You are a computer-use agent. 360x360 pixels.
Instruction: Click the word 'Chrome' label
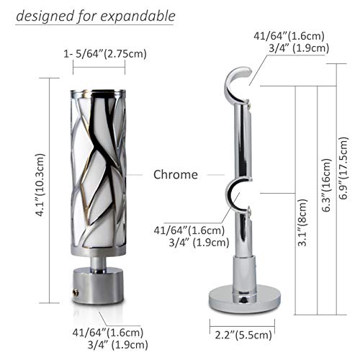[176, 174]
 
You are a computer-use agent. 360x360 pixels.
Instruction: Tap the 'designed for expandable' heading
[96, 16]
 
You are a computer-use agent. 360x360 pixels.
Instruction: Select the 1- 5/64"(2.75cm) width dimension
[105, 54]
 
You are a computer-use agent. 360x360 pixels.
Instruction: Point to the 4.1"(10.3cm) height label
[40, 185]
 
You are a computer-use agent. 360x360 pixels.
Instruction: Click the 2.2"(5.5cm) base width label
[243, 335]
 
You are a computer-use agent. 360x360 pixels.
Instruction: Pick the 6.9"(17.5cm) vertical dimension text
[343, 168]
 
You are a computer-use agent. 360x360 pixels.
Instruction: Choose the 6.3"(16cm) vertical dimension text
[325, 185]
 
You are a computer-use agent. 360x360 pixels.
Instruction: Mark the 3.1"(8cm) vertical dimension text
[302, 222]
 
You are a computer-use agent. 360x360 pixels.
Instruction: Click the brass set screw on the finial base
[76, 292]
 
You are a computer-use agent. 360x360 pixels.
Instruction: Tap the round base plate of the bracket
[245, 299]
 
